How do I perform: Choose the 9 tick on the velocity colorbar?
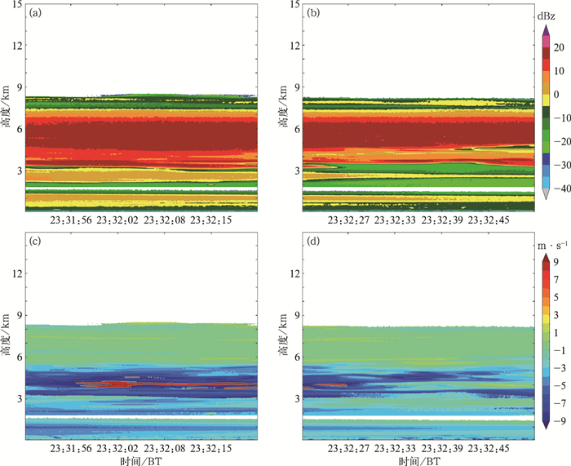(x=554, y=262)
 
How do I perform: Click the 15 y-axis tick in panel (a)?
(x=15, y=5)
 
